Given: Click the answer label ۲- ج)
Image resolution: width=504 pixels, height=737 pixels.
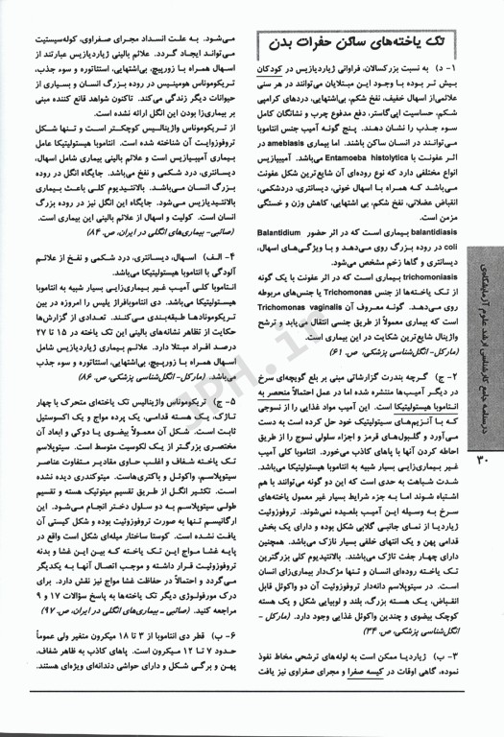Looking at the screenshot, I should [462, 419].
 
